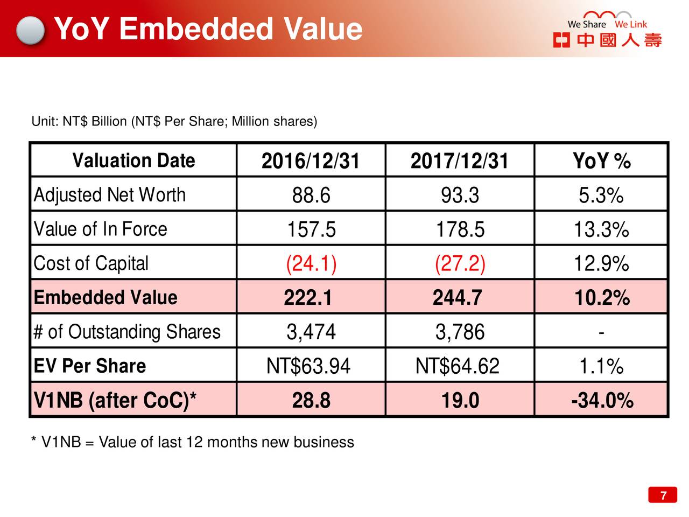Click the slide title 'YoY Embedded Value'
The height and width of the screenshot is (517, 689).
[x=208, y=29]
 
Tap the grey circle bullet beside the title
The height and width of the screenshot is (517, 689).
[x=30, y=30]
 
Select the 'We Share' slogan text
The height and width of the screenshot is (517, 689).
[x=586, y=24]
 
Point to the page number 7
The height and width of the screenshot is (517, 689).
[x=663, y=495]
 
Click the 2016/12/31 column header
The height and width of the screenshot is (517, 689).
[x=311, y=161]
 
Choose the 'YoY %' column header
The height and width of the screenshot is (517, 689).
[x=601, y=161]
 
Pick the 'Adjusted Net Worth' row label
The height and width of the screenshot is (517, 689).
[x=110, y=195]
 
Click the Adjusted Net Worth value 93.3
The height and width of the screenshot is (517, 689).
[x=460, y=195]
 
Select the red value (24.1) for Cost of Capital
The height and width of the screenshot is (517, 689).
[x=311, y=264]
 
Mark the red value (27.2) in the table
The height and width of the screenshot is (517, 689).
[x=460, y=264]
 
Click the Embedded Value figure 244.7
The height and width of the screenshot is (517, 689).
[x=458, y=298]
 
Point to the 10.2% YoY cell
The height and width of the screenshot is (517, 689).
[x=601, y=298]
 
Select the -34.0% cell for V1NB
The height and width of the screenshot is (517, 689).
[x=601, y=401]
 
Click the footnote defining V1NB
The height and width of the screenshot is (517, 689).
[x=193, y=442]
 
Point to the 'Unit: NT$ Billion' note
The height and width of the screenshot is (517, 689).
[x=174, y=121]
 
